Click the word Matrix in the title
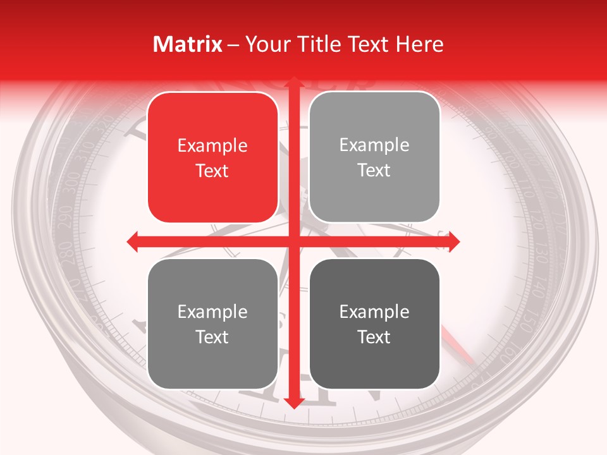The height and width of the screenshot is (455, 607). [x=188, y=44]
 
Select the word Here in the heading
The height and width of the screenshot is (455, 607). [x=420, y=44]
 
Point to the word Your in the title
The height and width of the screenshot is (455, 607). [x=267, y=44]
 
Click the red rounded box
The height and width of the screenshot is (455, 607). [x=212, y=157]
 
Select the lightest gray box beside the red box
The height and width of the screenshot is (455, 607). [x=374, y=157]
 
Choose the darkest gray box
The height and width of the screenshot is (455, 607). [x=374, y=324]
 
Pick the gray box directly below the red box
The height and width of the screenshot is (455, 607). [x=212, y=324]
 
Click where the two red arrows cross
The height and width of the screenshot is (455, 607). [x=293, y=241]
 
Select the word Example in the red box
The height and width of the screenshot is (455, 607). [x=212, y=146]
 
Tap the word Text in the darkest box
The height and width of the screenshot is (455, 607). [x=374, y=337]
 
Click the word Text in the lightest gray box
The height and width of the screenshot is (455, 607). [x=374, y=171]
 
